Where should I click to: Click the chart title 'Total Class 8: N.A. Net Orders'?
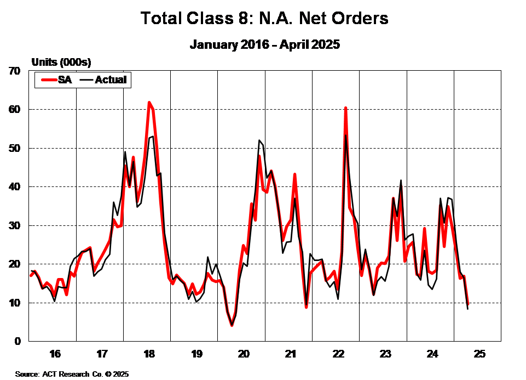coord(264,18)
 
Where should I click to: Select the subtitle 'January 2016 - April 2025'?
coord(265,44)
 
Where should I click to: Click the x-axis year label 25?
coord(479,354)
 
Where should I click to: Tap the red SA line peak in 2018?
coord(149,103)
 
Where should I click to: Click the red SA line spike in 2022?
coord(345,108)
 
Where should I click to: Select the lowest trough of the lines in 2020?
coord(232,325)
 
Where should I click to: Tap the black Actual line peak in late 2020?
coord(259,140)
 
